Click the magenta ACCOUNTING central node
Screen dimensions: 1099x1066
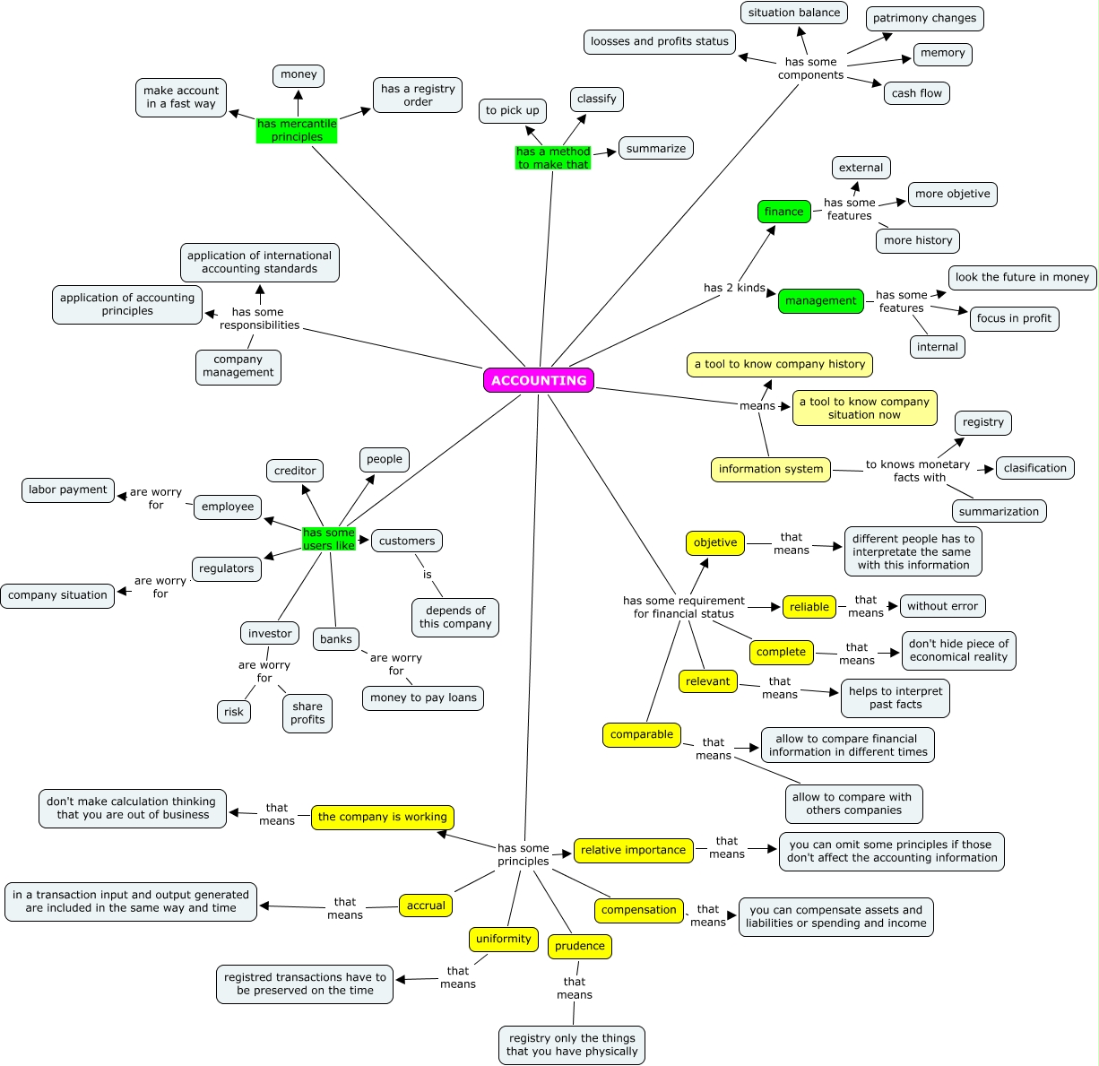pyautogui.click(x=538, y=380)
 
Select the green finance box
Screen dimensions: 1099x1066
pyautogui.click(x=783, y=212)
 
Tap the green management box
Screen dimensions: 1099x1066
pyautogui.click(x=820, y=300)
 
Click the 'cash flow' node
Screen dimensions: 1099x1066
pyautogui.click(x=916, y=93)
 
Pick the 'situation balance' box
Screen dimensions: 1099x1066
pyautogui.click(x=793, y=13)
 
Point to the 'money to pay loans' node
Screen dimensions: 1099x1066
pyautogui.click(x=423, y=698)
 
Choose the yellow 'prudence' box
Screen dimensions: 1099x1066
pyautogui.click(x=579, y=946)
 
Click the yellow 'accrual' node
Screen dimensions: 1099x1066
pyautogui.click(x=426, y=906)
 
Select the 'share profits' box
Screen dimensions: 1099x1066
pyautogui.click(x=307, y=713)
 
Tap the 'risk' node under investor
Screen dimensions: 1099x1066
pyautogui.click(x=233, y=712)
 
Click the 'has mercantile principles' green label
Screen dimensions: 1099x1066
pyautogui.click(x=297, y=130)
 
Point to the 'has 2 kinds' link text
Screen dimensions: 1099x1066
pyautogui.click(x=734, y=288)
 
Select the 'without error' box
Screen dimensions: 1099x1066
pyautogui.click(x=942, y=606)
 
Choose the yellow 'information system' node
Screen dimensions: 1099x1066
pyautogui.click(x=770, y=469)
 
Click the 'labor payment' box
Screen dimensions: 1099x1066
pyautogui.click(x=68, y=490)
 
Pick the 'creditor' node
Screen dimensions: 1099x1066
pyautogui.click(x=295, y=471)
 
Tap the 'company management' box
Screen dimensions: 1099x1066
pyautogui.click(x=238, y=366)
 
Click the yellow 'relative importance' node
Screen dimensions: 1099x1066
pyautogui.click(x=633, y=850)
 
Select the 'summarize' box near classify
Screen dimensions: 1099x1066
pyautogui.click(x=655, y=149)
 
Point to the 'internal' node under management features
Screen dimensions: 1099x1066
pyautogui.click(x=937, y=347)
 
